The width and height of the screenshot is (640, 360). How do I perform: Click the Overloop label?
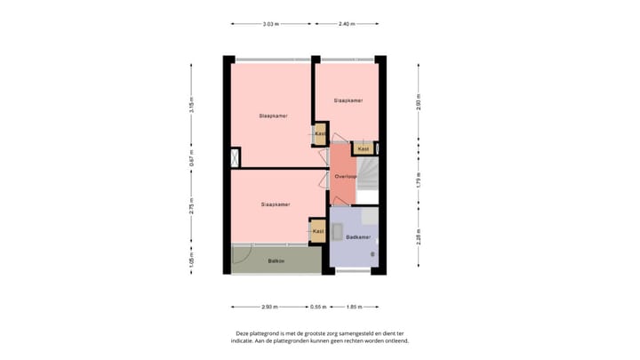coord(345,177)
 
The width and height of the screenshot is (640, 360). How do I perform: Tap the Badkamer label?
coord(357,238)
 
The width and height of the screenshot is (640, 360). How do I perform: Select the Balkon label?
coord(276,260)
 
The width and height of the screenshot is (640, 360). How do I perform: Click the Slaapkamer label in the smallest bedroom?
coord(348,100)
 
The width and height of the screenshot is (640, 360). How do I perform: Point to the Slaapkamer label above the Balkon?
coord(276,204)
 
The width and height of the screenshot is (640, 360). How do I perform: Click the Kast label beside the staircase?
coord(364,148)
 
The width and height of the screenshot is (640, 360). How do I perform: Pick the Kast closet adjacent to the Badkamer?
coord(317,231)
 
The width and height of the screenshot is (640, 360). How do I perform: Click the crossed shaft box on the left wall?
coord(235,159)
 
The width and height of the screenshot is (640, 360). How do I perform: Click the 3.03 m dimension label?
coord(270,24)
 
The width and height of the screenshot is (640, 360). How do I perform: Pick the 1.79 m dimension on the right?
coord(418,183)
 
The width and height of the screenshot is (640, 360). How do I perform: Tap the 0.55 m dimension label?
coord(316,306)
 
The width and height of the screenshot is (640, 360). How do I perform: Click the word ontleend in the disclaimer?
coord(395,340)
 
